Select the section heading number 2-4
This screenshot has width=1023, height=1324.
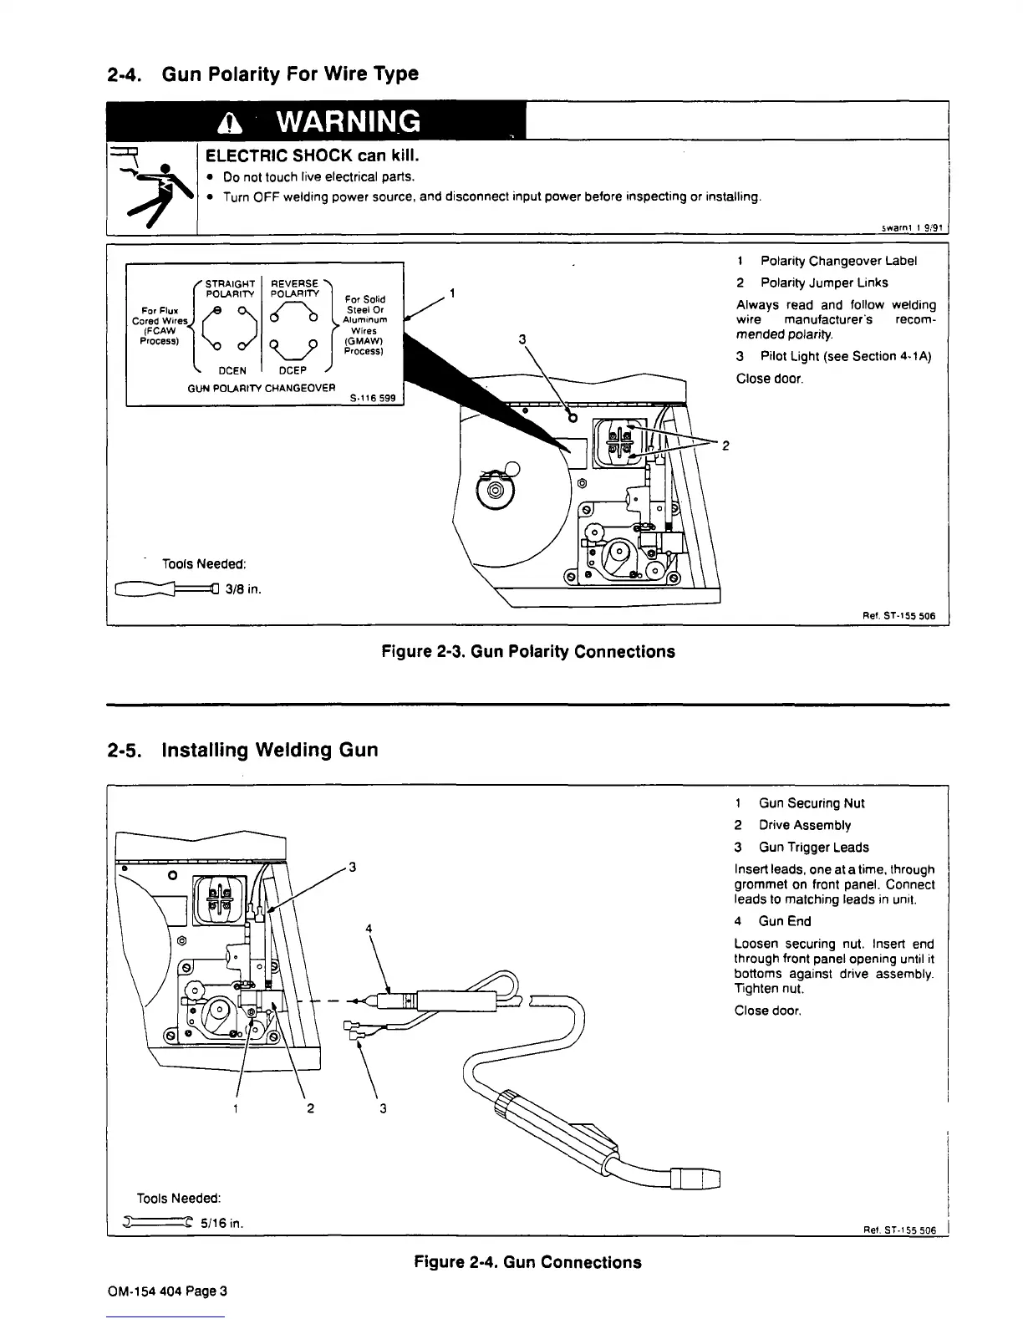pyautogui.click(x=126, y=74)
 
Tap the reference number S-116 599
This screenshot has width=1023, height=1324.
pyautogui.click(x=372, y=398)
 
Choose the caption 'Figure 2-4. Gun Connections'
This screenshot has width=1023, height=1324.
pyautogui.click(x=527, y=1262)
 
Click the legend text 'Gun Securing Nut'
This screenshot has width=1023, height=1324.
pyautogui.click(x=811, y=803)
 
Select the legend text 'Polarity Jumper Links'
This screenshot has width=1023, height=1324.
pyautogui.click(x=824, y=283)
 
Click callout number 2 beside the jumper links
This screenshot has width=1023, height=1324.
pyautogui.click(x=725, y=446)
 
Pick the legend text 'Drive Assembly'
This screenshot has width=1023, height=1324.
pyautogui.click(x=804, y=825)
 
